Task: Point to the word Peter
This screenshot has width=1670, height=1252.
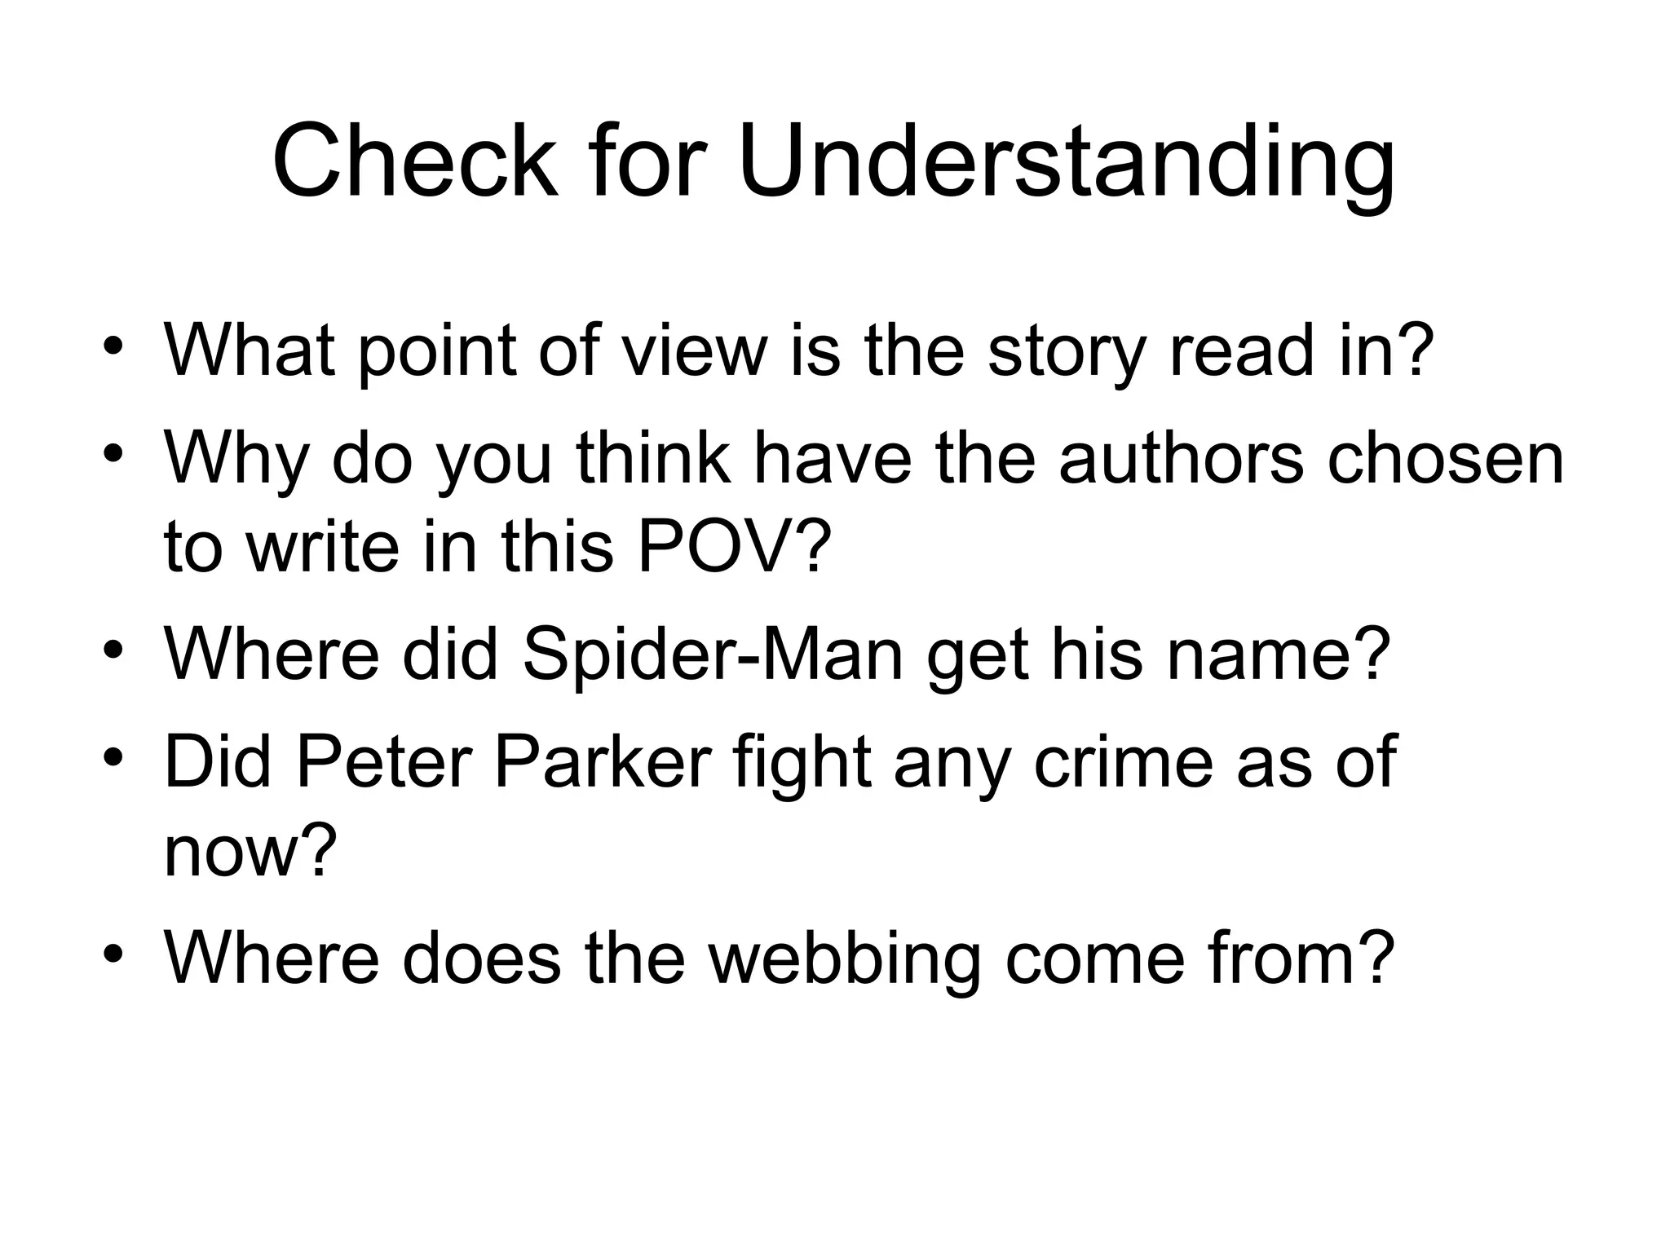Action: pos(382,762)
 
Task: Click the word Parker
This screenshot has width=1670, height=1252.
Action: pos(603,762)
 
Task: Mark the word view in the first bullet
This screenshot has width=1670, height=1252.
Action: pos(695,350)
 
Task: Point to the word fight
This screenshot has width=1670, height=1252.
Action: pos(802,762)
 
